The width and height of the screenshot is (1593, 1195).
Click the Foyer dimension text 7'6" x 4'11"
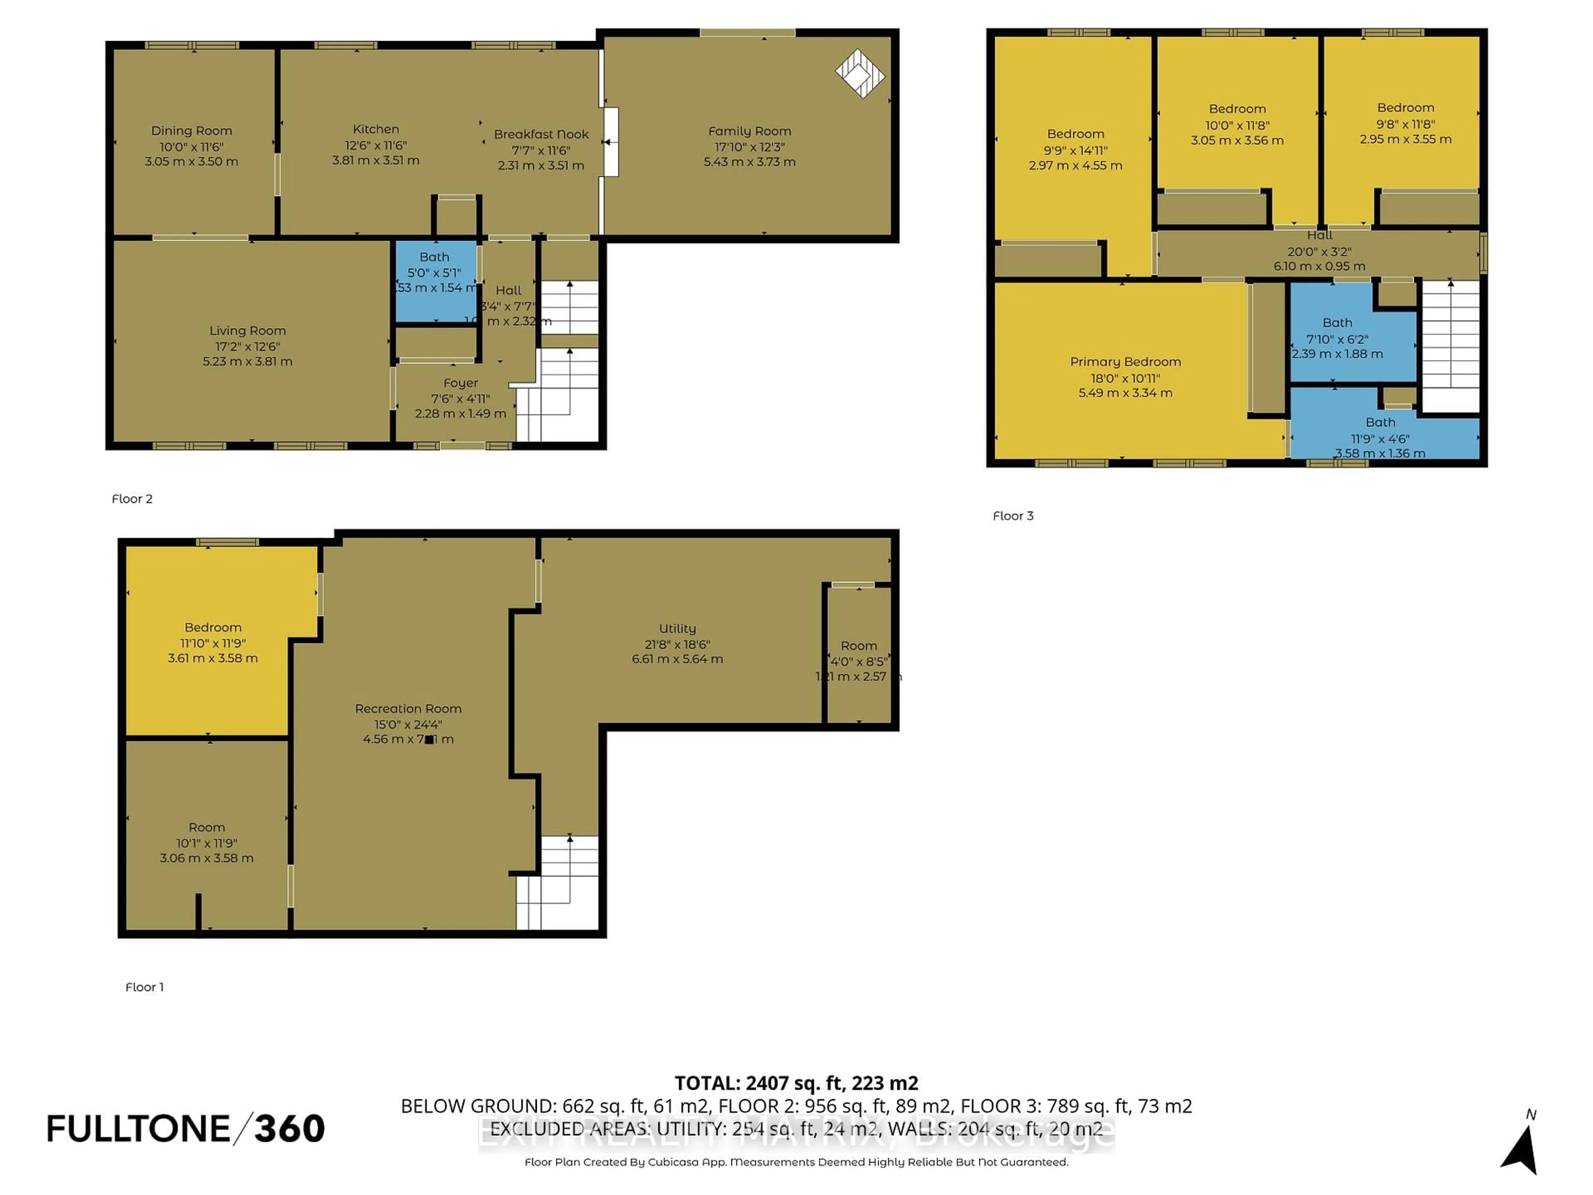tap(460, 398)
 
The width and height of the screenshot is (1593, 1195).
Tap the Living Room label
tap(248, 331)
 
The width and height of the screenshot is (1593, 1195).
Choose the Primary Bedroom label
tap(1125, 361)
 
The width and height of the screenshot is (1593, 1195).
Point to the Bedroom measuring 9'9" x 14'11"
tap(1075, 149)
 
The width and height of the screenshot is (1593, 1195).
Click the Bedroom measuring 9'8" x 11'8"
tap(1405, 123)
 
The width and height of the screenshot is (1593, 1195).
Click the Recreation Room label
tap(408, 709)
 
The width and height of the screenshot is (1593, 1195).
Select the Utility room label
tap(677, 629)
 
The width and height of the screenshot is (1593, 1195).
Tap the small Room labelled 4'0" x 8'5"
tap(858, 661)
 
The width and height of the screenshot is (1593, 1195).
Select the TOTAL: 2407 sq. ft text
tap(796, 1083)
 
